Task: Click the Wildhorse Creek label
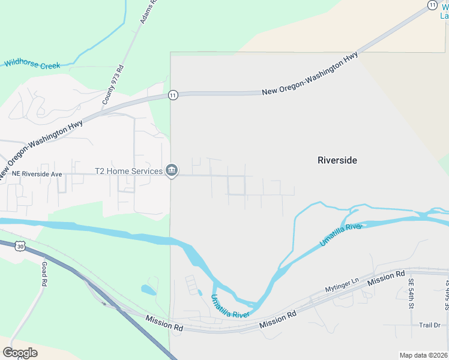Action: (x=32, y=64)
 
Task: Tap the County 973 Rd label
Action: (x=112, y=85)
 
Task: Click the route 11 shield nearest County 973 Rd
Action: (x=172, y=95)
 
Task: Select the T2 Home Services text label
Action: (x=128, y=171)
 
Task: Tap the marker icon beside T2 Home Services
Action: (x=172, y=171)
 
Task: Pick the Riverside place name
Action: (x=337, y=160)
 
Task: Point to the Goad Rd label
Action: (x=44, y=275)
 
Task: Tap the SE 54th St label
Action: (x=411, y=293)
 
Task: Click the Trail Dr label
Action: (x=430, y=325)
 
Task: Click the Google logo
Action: (x=20, y=353)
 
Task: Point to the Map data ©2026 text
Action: (x=423, y=355)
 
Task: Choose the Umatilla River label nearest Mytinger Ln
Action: (x=342, y=233)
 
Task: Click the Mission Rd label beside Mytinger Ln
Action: (x=387, y=278)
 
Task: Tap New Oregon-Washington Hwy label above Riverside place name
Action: (x=310, y=74)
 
